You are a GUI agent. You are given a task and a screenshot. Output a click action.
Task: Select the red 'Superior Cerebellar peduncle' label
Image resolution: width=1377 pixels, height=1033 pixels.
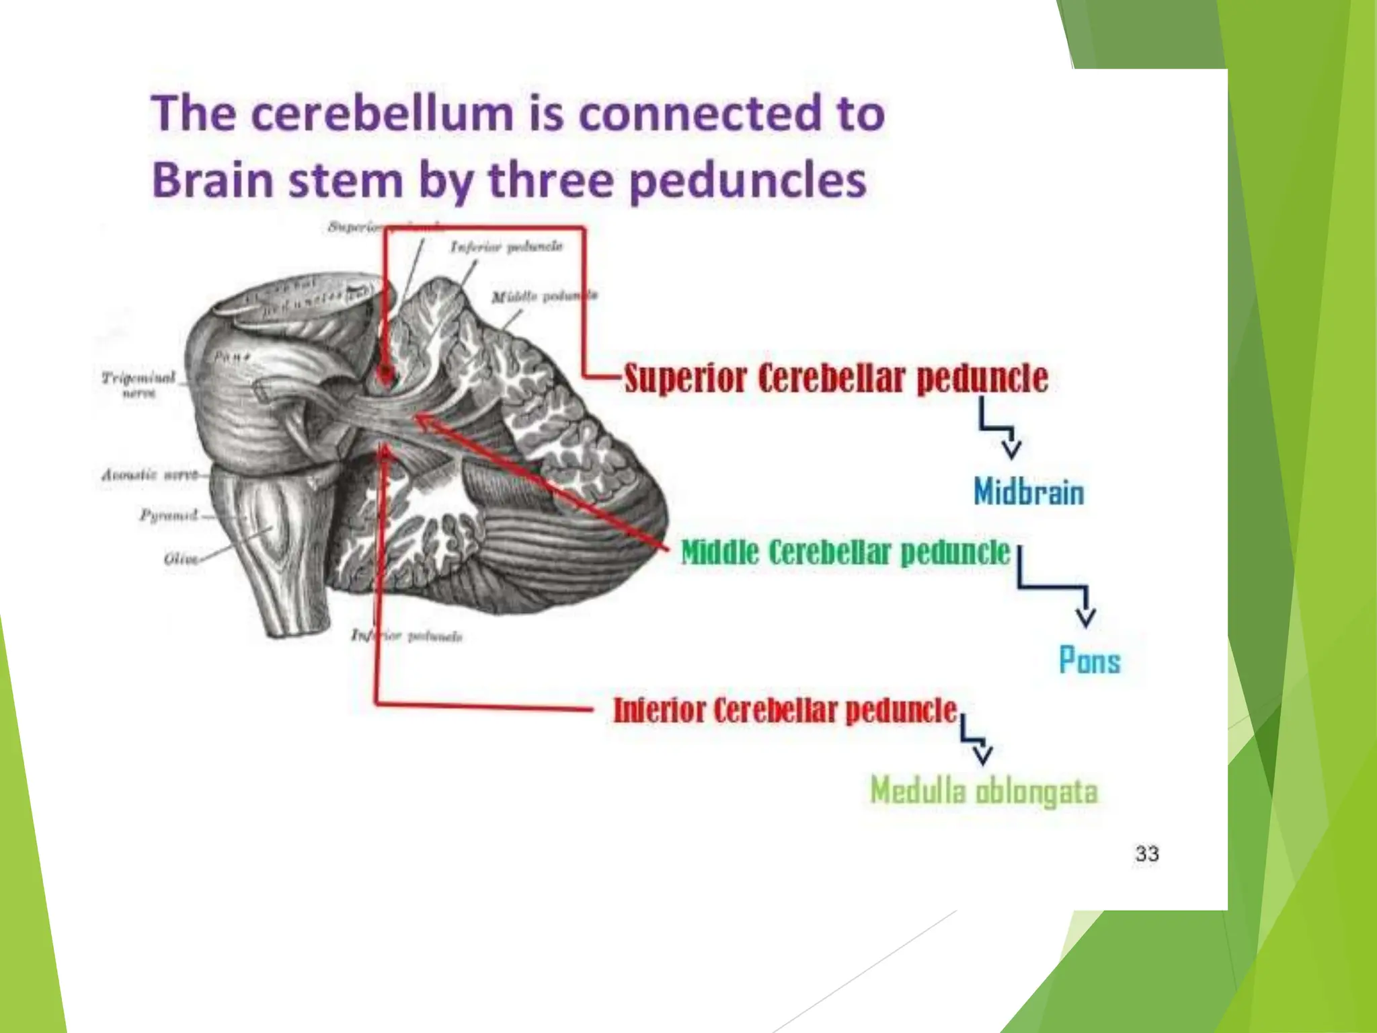click(836, 378)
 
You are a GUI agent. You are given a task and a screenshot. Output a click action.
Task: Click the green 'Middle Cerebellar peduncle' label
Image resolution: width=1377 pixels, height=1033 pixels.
click(845, 553)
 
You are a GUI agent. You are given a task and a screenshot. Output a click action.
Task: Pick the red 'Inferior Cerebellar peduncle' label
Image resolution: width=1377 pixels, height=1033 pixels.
click(785, 710)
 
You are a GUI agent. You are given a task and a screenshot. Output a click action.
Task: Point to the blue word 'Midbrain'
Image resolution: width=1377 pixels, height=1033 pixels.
click(1029, 492)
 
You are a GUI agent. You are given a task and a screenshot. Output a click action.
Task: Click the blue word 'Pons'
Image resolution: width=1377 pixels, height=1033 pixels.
click(1089, 660)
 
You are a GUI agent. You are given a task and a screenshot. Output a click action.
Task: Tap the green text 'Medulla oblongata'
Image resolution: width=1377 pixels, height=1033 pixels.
click(984, 790)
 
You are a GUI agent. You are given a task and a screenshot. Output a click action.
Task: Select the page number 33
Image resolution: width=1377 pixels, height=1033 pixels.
click(1147, 853)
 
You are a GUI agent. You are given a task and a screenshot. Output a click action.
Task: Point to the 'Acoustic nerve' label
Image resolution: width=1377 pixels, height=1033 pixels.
click(150, 475)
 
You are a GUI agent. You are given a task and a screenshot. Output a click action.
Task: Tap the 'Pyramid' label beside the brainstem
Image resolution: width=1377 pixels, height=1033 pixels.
click(169, 516)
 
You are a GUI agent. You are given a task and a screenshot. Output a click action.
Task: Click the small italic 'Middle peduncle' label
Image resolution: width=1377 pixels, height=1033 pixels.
click(543, 297)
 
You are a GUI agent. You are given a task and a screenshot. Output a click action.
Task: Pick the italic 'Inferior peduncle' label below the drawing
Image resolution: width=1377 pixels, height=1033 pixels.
click(407, 636)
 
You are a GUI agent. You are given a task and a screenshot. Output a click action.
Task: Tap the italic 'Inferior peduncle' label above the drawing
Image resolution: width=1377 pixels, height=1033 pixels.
click(506, 247)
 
